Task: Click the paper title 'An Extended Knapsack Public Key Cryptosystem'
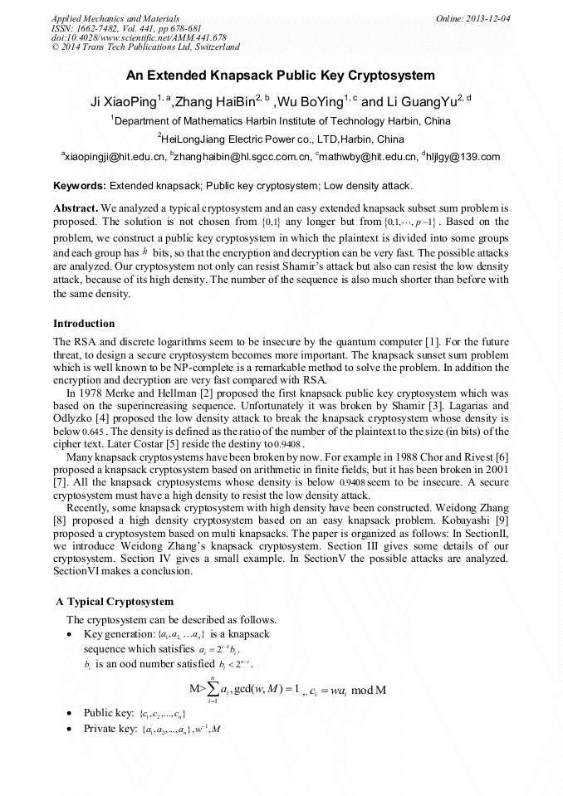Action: [x=281, y=76]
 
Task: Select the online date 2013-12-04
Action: [x=487, y=18]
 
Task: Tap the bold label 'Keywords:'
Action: [x=80, y=186]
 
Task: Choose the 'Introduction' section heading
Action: [x=84, y=323]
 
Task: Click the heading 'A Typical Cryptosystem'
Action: [x=115, y=601]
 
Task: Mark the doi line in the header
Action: [x=139, y=37]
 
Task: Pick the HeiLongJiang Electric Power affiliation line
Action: [x=281, y=139]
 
